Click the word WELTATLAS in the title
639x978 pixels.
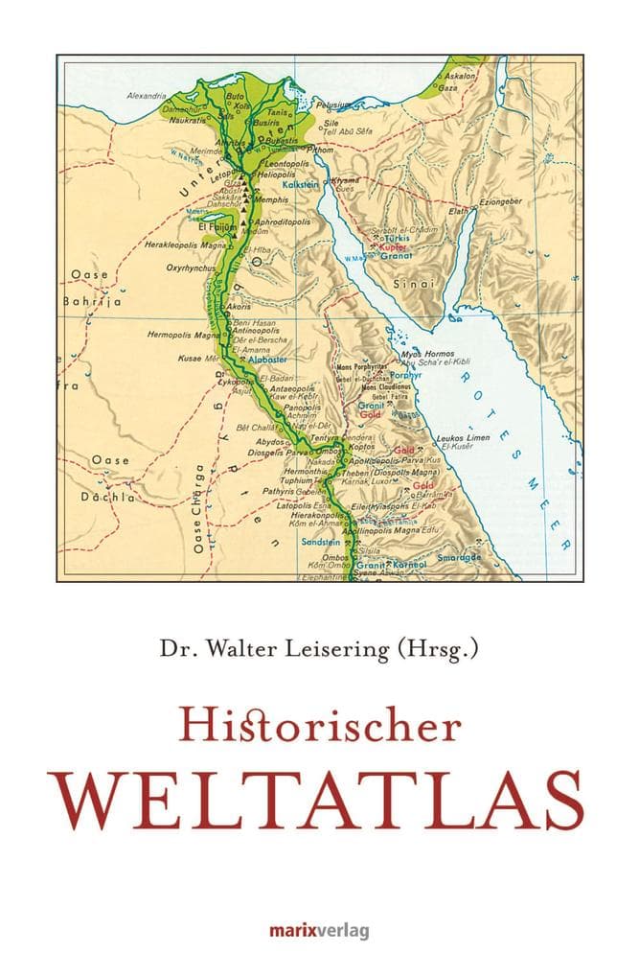tap(319, 797)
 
